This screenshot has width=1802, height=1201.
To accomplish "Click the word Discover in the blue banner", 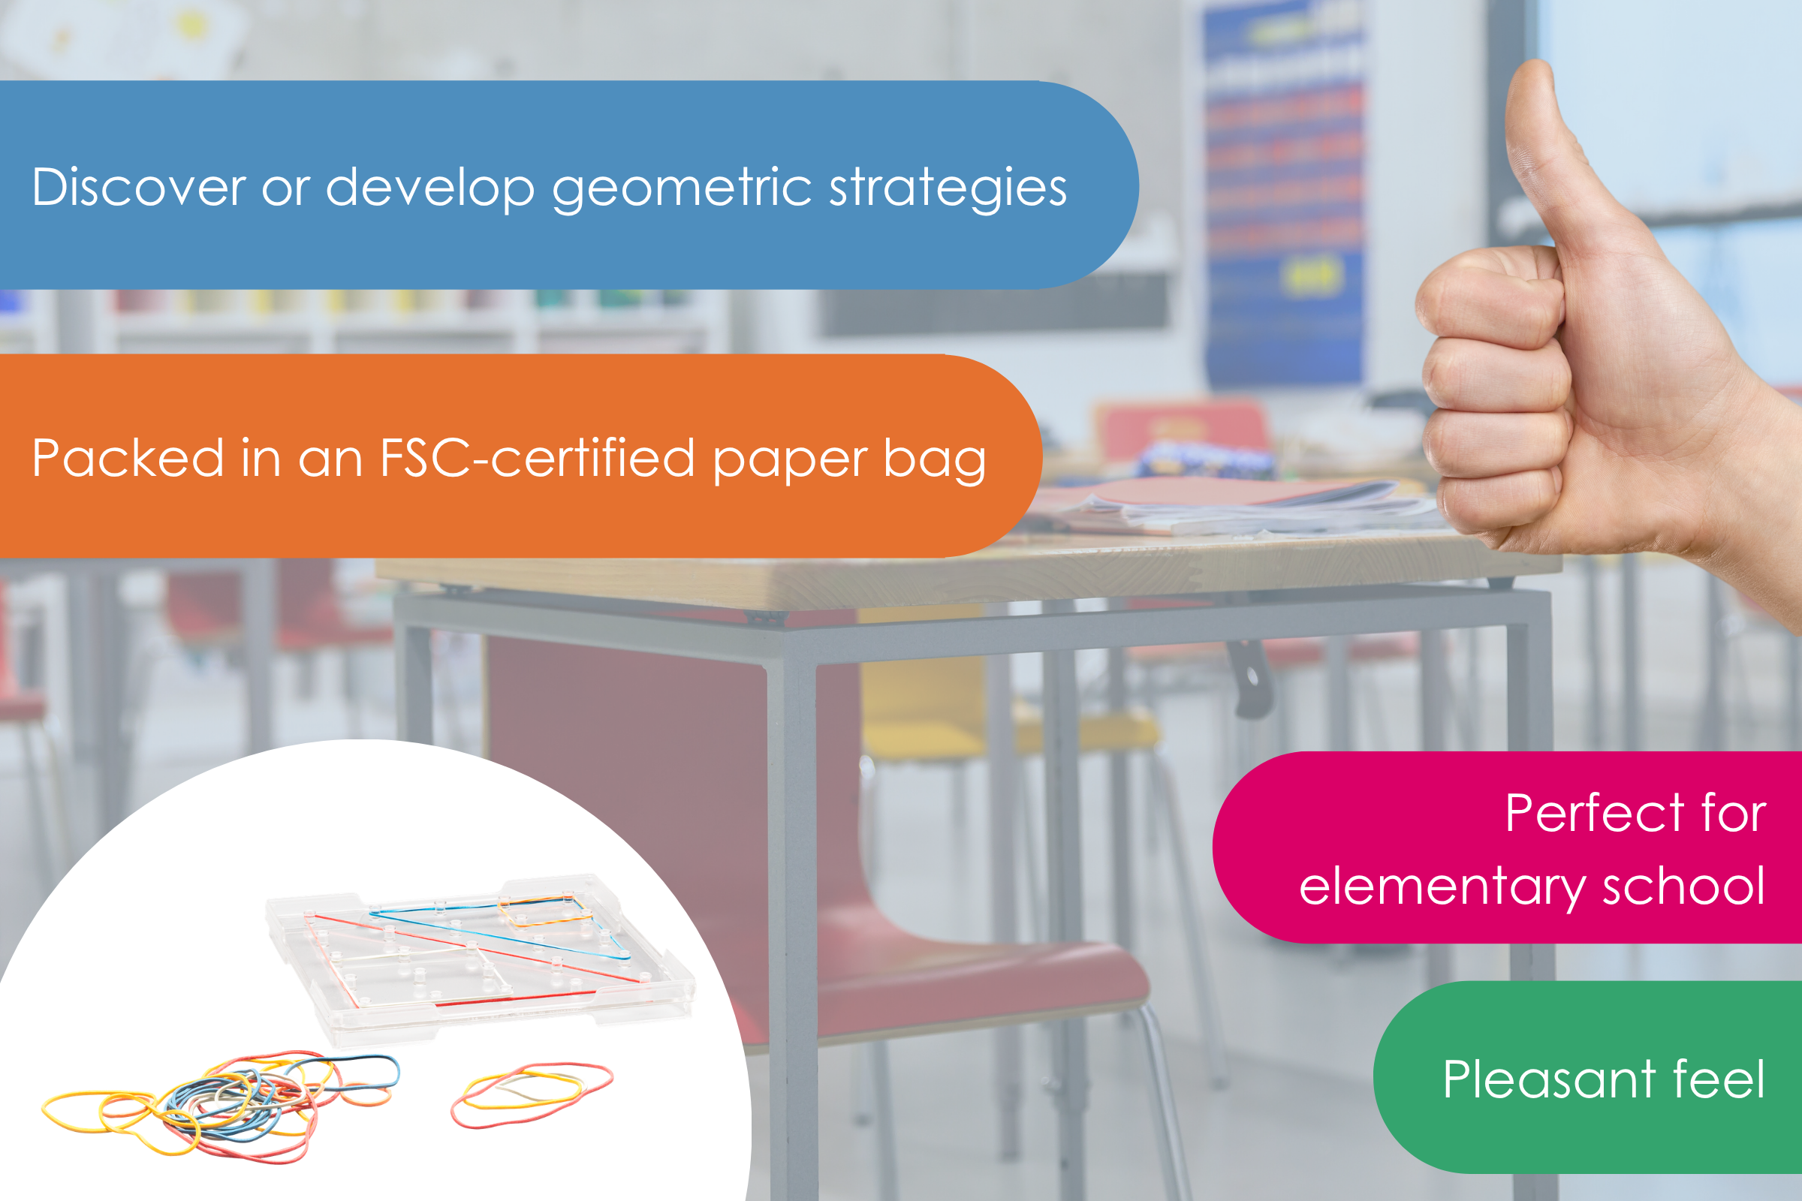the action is tap(139, 187).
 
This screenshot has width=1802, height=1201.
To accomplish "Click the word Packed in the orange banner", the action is tap(127, 458).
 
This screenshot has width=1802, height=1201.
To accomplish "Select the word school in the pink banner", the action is tap(1685, 886).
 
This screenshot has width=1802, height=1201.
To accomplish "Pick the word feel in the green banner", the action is tap(1720, 1080).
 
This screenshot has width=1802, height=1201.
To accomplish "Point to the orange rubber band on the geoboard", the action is tap(546, 911).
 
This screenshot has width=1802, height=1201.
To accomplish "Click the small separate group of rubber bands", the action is tap(532, 1094).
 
